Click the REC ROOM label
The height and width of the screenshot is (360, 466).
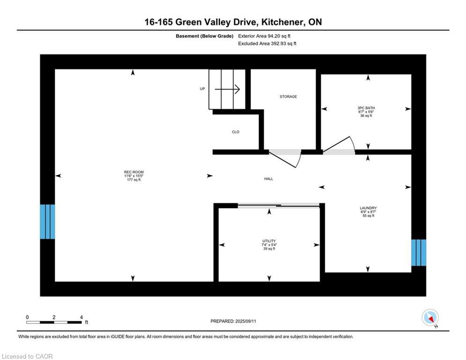coord(134,172)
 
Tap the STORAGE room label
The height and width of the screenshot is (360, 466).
coord(288,97)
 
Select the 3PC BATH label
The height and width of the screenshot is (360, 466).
coord(366,108)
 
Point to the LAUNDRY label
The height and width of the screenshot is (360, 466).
coord(368,208)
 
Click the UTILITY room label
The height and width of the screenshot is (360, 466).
coord(269,241)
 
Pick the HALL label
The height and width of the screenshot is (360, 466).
coord(269,179)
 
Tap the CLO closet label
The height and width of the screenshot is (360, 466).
coord(236,132)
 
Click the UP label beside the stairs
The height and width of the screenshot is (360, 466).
coord(202,89)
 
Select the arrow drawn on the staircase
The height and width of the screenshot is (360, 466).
coord(227,89)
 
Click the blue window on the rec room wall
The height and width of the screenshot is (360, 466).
coord(48,222)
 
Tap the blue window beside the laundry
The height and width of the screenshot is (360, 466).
coord(419,253)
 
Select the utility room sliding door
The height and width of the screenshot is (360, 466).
coord(279,205)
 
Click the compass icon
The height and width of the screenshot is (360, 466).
coord(430,318)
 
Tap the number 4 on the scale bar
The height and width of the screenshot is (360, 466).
coord(81,317)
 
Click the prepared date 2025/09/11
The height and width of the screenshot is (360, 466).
coord(245,321)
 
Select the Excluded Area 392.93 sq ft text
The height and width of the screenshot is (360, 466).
coord(267,44)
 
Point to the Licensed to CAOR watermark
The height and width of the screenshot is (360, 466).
coord(27,356)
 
